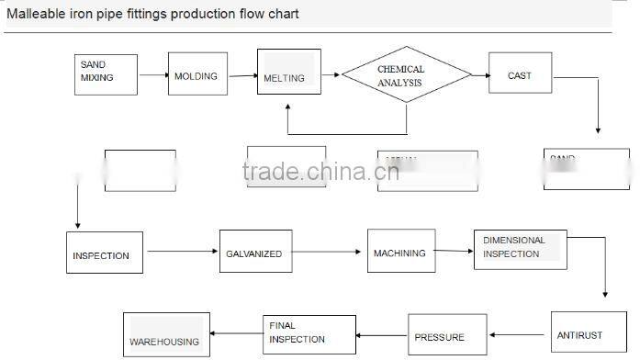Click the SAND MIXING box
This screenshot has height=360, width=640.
(106, 73)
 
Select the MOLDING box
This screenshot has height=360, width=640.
(196, 75)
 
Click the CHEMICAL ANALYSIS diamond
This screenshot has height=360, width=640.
(400, 75)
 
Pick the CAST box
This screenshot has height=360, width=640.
(520, 75)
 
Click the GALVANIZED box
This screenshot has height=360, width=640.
(255, 251)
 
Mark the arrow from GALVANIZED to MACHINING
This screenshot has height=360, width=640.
(329, 251)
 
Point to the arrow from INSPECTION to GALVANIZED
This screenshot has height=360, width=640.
(181, 252)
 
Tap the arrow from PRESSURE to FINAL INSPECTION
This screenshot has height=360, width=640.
(382, 335)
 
